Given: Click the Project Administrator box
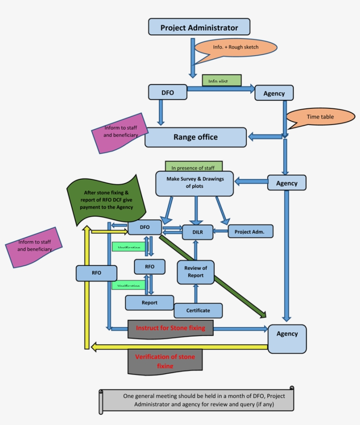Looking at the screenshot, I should [199, 27].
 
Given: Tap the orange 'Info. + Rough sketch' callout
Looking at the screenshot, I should [236, 47].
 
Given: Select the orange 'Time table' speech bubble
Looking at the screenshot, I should [320, 117].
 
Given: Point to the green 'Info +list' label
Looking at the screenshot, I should [222, 80].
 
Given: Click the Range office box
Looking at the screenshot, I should [195, 137].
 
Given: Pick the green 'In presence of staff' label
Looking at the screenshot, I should [194, 166].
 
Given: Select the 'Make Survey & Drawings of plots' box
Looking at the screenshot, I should [194, 183].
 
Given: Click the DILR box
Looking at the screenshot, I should [197, 232].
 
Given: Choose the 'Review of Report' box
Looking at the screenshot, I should [195, 271].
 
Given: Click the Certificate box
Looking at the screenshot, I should [198, 310].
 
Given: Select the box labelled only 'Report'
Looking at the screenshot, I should [149, 303].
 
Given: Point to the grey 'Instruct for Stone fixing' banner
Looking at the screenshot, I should [170, 329].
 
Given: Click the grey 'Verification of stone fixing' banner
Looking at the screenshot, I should [165, 361].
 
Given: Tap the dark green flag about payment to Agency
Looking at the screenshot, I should [107, 200].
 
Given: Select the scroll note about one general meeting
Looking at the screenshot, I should [196, 400].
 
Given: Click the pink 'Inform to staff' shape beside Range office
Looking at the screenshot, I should [119, 133].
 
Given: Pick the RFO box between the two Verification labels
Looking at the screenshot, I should [150, 266].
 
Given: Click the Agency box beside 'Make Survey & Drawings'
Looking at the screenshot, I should [287, 183].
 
